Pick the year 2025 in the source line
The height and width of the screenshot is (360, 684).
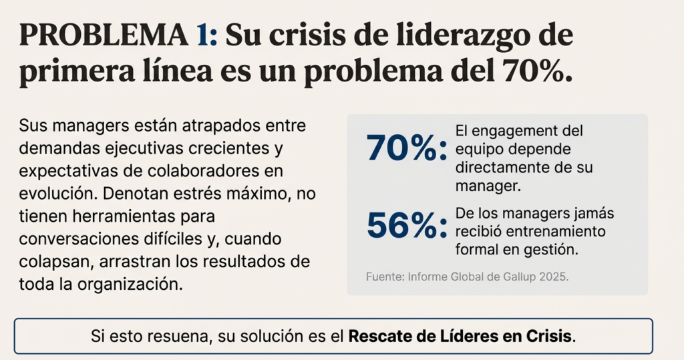click(x=552, y=277)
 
